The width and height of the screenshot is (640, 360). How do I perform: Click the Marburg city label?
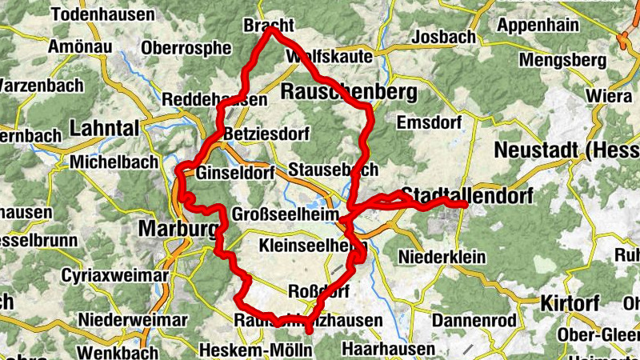click(178, 230)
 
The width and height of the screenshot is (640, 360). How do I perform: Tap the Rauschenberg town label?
click(349, 93)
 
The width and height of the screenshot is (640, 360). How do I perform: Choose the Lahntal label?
click(104, 128)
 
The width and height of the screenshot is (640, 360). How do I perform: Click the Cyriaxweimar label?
click(115, 276)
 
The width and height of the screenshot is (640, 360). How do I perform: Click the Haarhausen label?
click(388, 349)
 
